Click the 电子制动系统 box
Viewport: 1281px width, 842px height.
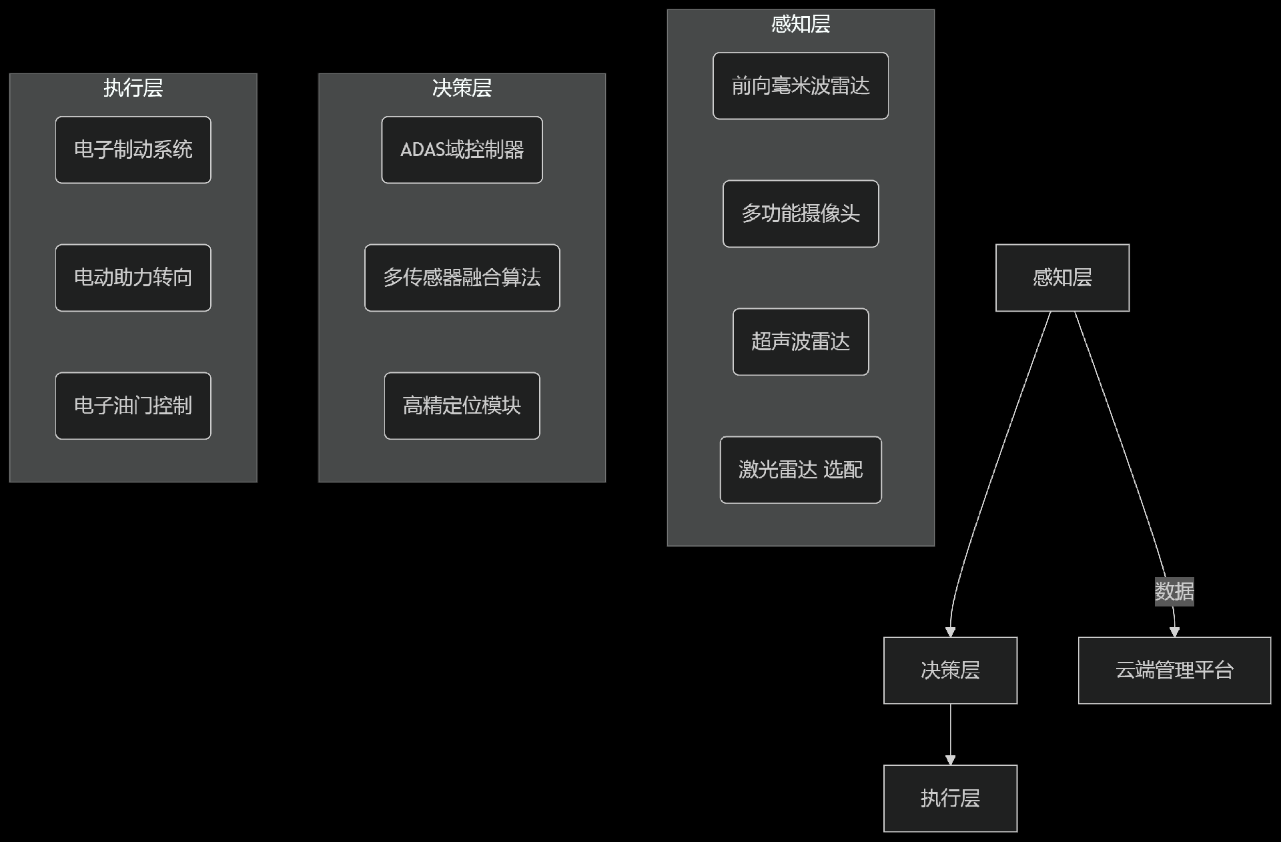tap(133, 149)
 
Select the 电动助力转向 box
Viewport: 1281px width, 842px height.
tap(133, 278)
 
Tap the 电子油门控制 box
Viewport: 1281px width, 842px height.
tap(133, 406)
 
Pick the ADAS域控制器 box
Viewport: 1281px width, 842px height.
tap(462, 149)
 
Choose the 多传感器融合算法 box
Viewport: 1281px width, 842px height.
tap(462, 278)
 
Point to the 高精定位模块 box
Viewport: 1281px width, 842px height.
tap(462, 406)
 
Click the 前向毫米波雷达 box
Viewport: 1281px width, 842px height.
tap(800, 85)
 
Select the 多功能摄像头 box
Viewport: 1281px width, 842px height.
tap(800, 214)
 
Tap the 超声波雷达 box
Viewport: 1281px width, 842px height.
tap(800, 342)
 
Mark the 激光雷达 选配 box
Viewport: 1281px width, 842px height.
tap(800, 470)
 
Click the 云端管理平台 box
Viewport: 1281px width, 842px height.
tap(1174, 670)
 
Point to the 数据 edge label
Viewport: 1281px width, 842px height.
tap(1174, 591)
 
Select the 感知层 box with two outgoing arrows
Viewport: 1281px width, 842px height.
tap(1062, 278)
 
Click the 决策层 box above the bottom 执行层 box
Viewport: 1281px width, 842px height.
tap(950, 670)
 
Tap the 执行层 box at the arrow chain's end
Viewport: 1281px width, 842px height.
tap(950, 798)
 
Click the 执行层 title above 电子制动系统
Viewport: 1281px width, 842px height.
tap(133, 88)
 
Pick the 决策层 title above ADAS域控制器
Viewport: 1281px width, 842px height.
tap(462, 88)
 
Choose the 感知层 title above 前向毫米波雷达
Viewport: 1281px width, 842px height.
tap(800, 24)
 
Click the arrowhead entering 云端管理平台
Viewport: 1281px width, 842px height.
tap(1175, 632)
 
